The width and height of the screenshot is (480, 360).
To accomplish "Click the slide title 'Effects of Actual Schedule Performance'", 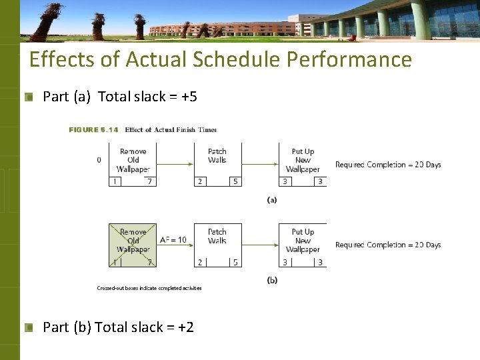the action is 221,59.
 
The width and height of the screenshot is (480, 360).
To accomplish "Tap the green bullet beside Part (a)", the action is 29,97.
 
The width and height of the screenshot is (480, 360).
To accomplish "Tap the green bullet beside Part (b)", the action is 29,327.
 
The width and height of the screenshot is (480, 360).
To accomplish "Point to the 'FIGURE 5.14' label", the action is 94,130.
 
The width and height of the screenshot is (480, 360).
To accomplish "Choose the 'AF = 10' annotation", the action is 173,240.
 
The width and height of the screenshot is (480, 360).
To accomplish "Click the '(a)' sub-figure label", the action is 272,199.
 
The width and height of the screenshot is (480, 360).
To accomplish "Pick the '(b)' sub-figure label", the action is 272,280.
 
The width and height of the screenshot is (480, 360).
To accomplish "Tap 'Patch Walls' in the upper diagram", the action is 217,156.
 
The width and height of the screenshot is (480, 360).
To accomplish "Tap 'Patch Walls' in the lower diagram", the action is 217,236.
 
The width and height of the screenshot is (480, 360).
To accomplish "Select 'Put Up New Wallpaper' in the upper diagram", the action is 303,161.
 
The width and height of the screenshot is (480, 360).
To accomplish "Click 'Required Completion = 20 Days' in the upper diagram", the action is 388,165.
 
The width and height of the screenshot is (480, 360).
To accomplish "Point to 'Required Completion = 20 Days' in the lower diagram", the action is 388,245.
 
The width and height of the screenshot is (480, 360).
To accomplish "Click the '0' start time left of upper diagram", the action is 99,160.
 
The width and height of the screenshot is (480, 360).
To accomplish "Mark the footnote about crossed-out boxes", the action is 149,288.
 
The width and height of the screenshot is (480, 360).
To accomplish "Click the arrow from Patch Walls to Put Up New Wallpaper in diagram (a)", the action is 260,165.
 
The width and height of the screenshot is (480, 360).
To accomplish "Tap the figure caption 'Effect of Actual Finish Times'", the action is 171,130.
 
